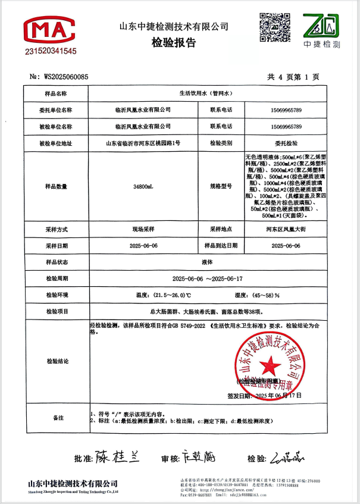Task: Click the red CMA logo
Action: (x=49, y=30)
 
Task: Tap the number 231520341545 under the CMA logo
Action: (x=51, y=52)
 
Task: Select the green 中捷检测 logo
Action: (x=321, y=31)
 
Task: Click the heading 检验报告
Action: (x=174, y=43)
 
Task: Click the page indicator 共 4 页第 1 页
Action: (x=293, y=77)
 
